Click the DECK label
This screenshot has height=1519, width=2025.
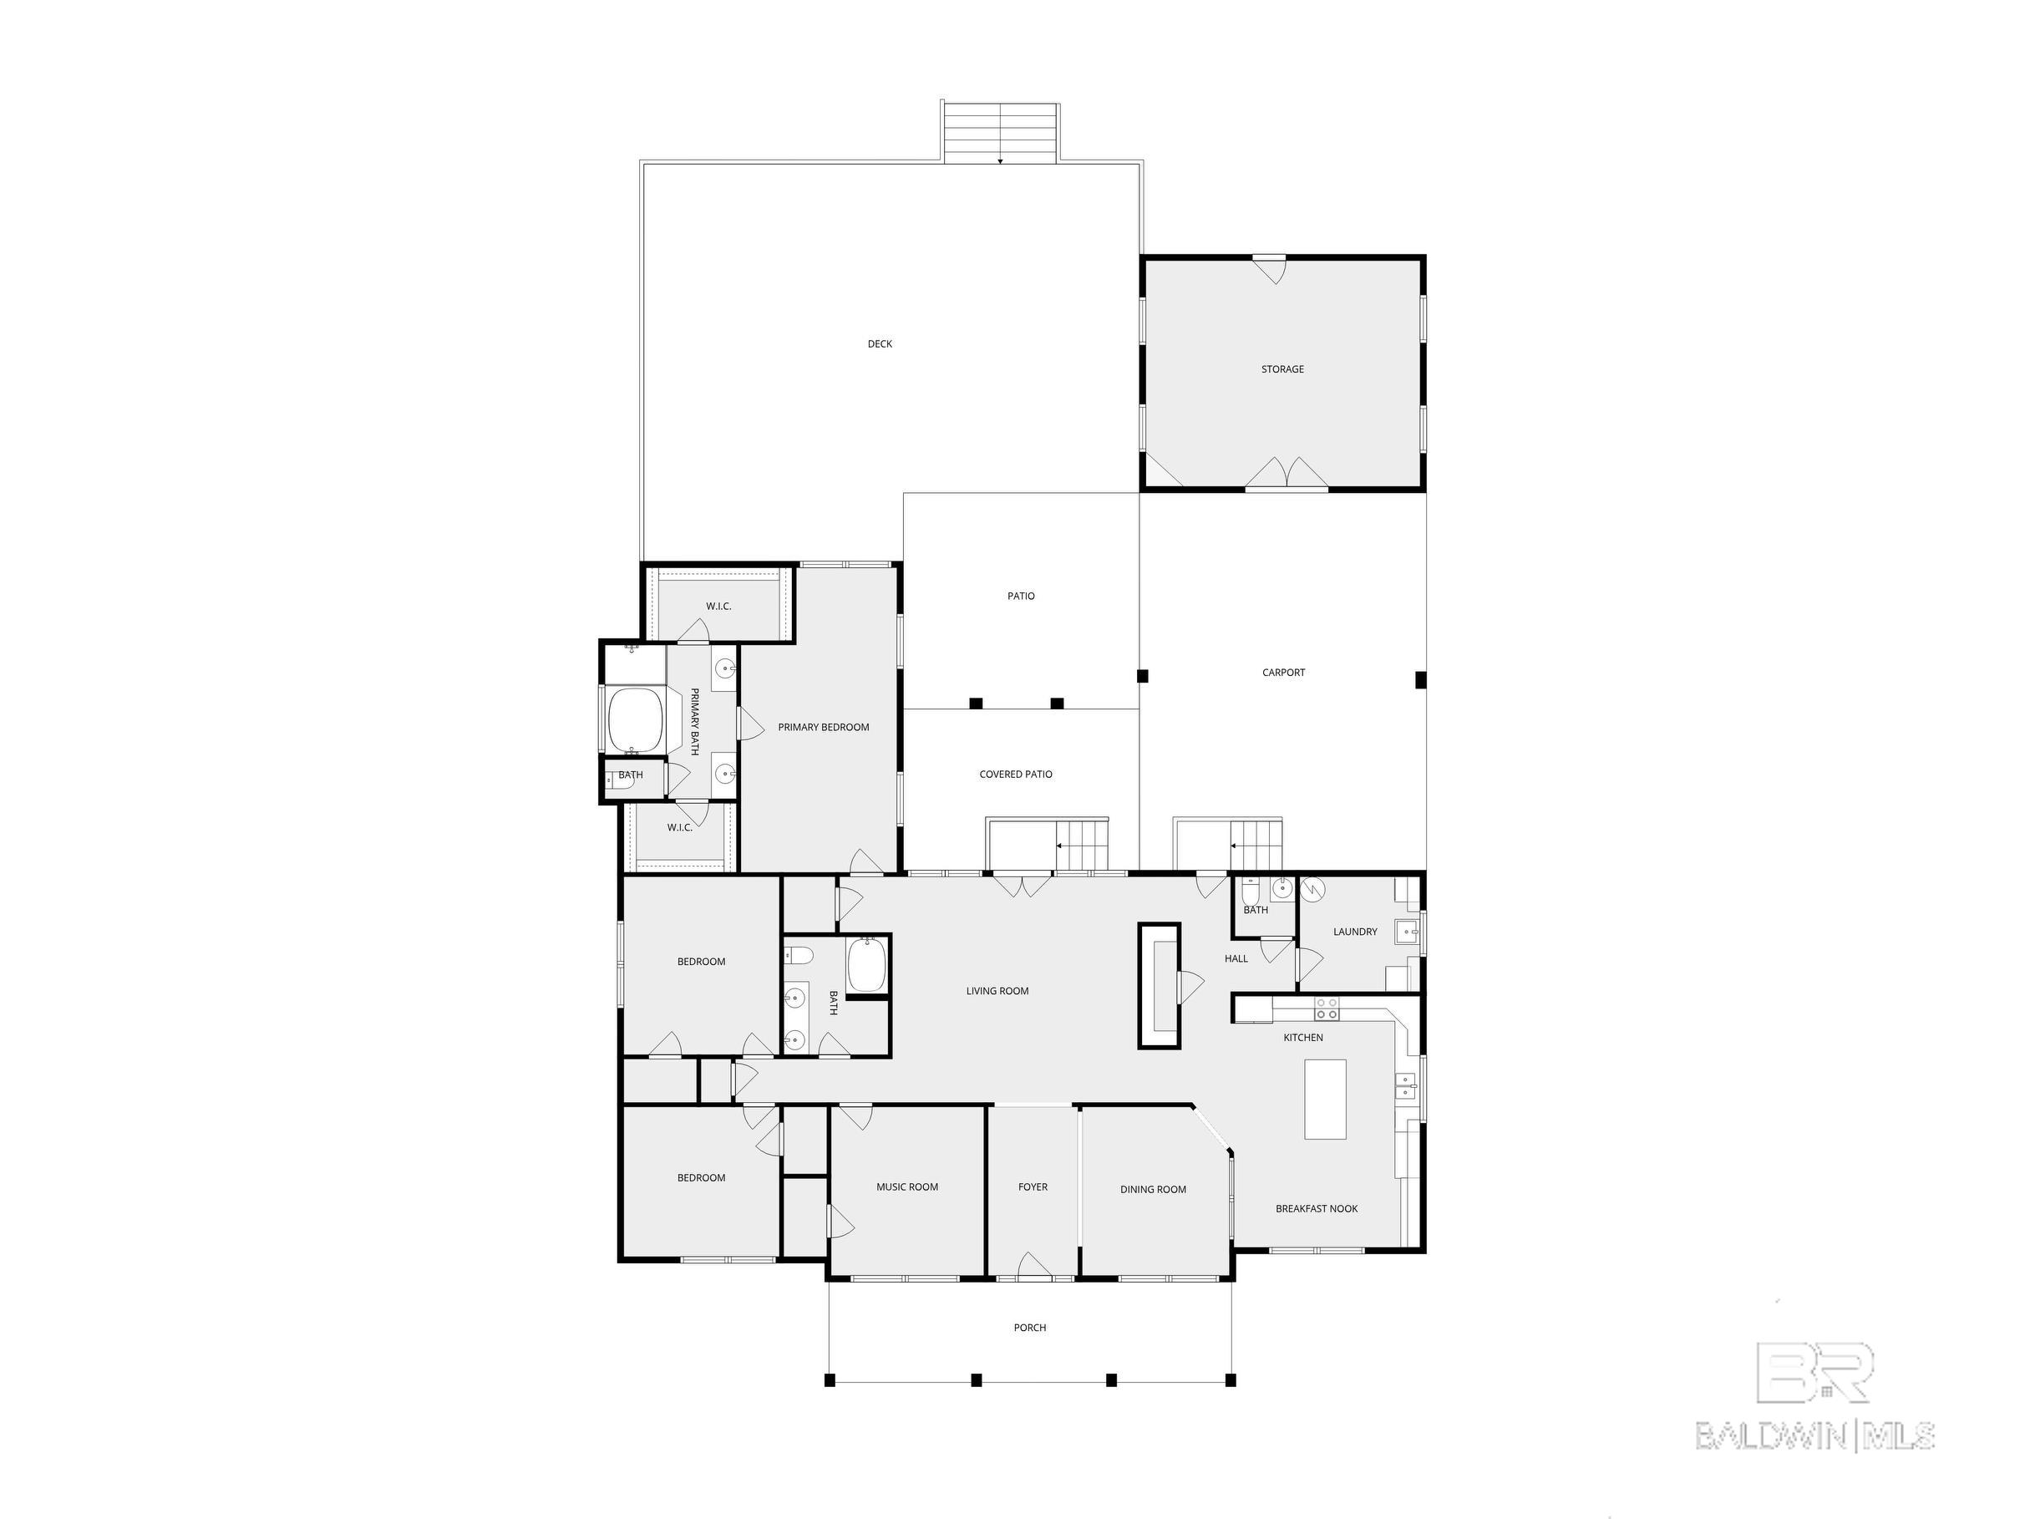pyautogui.click(x=880, y=344)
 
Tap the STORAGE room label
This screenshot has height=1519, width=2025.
pyautogui.click(x=1282, y=369)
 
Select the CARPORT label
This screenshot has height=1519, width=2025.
pyautogui.click(x=1283, y=672)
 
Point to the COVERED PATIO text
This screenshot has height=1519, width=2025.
pyautogui.click(x=1015, y=774)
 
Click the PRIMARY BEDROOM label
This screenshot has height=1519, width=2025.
pyautogui.click(x=823, y=727)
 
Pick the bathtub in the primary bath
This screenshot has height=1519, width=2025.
pyautogui.click(x=636, y=719)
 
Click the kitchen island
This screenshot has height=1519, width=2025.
pyautogui.click(x=1325, y=1099)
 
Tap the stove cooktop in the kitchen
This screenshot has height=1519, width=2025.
pyautogui.click(x=1327, y=1009)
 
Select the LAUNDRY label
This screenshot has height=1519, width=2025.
pyautogui.click(x=1355, y=931)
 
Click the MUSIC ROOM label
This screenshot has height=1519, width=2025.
pyautogui.click(x=907, y=1186)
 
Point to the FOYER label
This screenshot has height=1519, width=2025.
pyautogui.click(x=1033, y=1186)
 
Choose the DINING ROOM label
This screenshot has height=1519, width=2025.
pyautogui.click(x=1153, y=1189)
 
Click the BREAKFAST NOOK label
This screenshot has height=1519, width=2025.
pyautogui.click(x=1317, y=1209)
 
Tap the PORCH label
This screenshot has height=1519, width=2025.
pyautogui.click(x=1030, y=1327)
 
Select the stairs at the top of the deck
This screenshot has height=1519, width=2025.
pyautogui.click(x=1001, y=133)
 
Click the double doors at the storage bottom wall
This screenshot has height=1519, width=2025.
pyautogui.click(x=1287, y=472)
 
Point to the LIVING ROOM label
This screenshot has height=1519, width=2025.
pyautogui.click(x=997, y=991)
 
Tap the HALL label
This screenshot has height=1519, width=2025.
pyautogui.click(x=1236, y=958)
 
